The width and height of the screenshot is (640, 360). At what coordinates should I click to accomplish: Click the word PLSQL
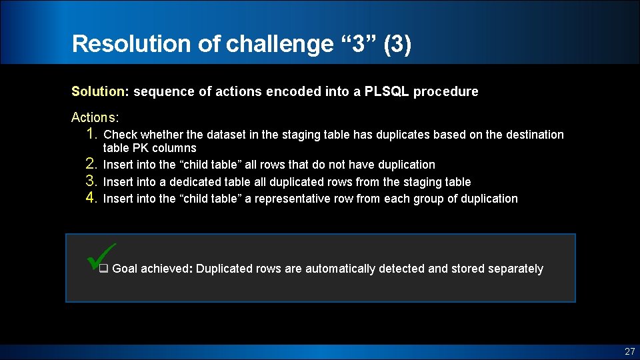click(x=387, y=92)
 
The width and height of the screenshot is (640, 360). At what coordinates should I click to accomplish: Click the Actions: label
click(x=95, y=117)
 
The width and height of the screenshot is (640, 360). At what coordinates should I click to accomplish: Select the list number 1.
click(x=92, y=134)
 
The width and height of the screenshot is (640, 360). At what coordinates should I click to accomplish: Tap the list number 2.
click(x=92, y=164)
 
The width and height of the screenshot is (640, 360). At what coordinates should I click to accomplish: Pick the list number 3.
click(x=92, y=181)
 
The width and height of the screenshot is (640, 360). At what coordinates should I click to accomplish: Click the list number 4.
click(x=92, y=198)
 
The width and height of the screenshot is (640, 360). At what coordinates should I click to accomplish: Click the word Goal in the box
click(x=125, y=269)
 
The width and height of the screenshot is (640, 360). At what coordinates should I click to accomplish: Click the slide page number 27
click(x=629, y=351)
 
